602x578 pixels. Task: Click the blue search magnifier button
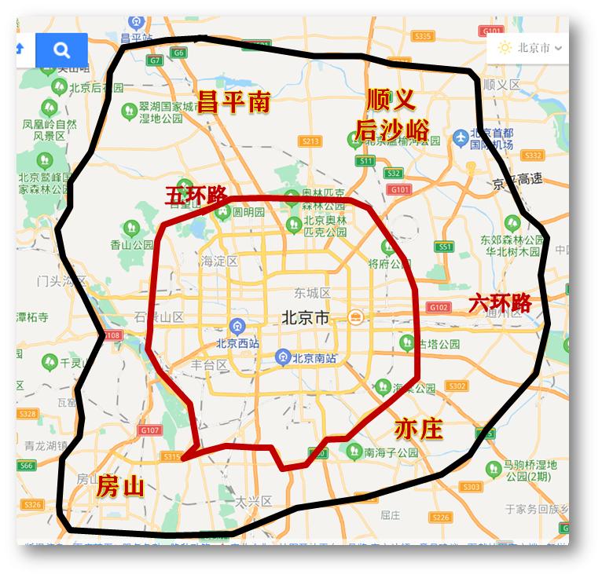61,51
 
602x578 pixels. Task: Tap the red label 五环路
196,196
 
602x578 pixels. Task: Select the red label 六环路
500,303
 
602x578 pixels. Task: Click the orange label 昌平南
233,101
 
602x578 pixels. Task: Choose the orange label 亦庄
418,430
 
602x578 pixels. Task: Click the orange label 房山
120,486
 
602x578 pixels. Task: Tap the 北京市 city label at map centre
305,318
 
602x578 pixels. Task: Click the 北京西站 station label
240,342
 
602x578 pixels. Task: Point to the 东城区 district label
312,293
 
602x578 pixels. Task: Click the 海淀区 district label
218,261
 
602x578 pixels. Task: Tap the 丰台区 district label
209,364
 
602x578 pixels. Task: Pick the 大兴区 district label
253,500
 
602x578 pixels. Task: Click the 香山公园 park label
131,244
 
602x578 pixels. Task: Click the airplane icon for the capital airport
461,138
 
